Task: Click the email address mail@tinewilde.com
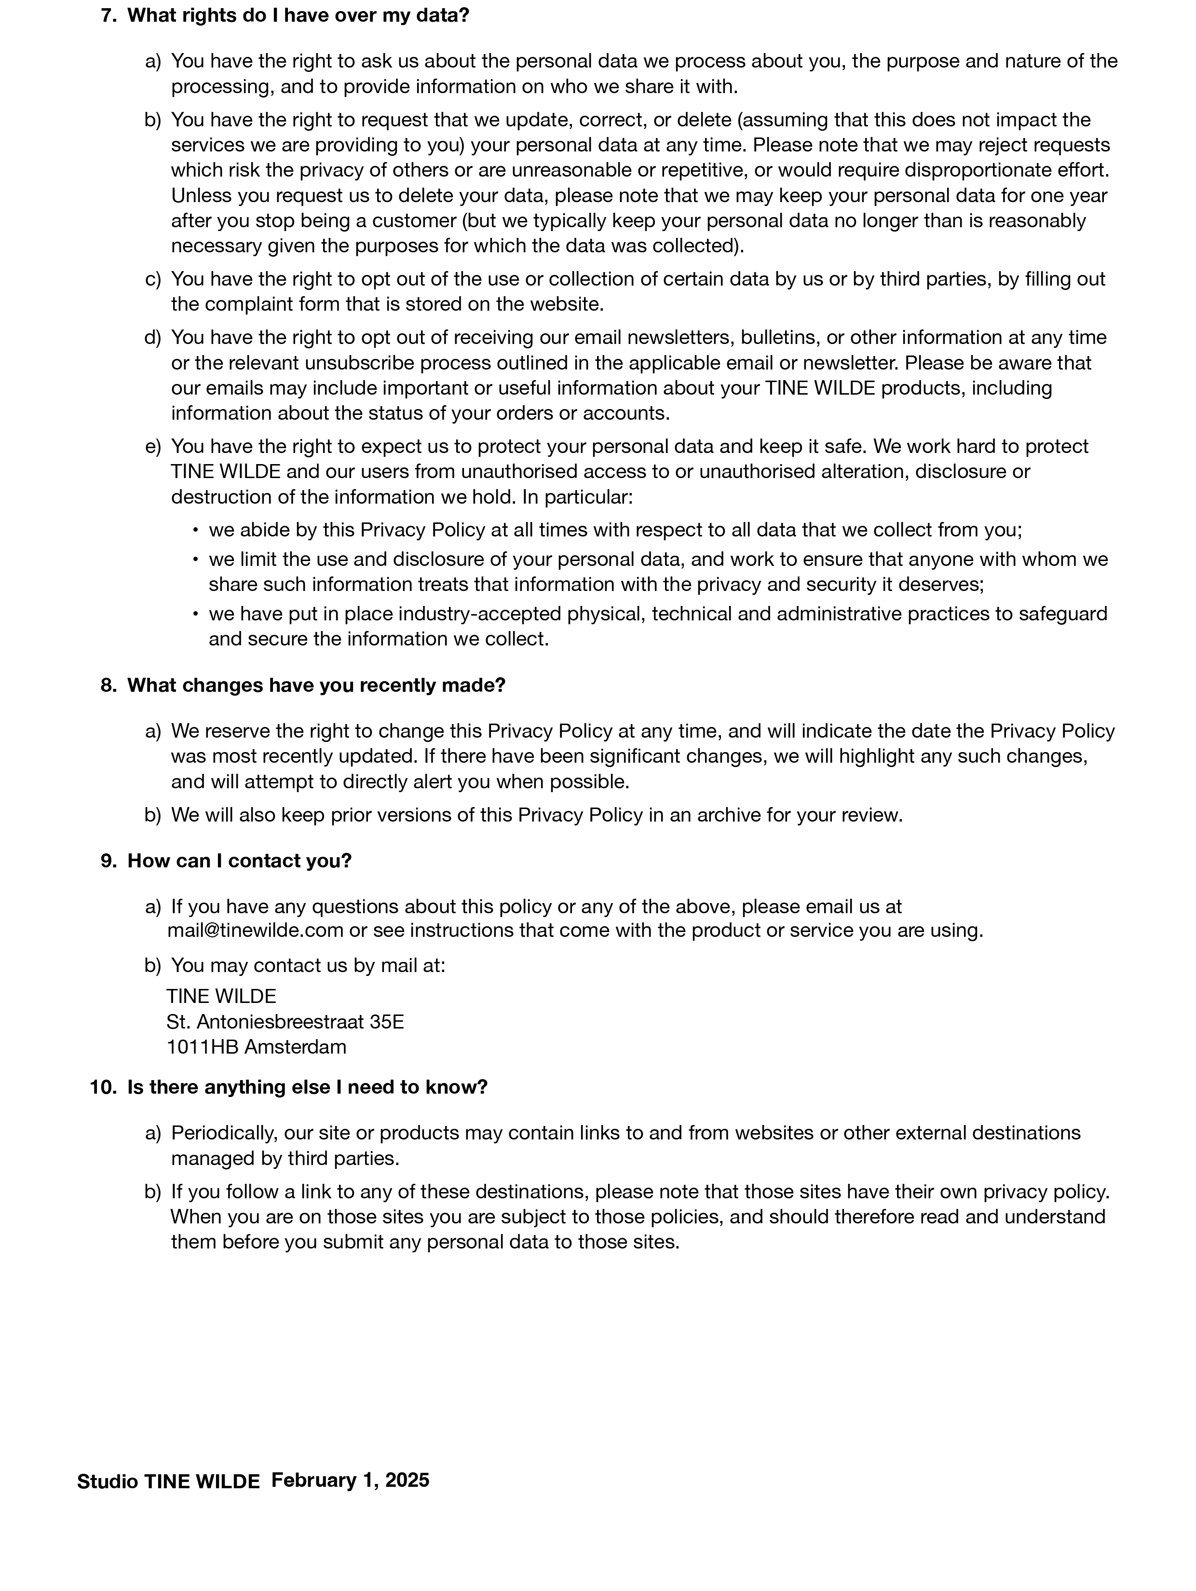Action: [255, 930]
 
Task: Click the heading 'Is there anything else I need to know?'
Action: [307, 1087]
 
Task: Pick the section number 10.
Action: [103, 1087]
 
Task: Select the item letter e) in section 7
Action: [152, 447]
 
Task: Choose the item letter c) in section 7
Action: [152, 279]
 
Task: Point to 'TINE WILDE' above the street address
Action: [221, 996]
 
